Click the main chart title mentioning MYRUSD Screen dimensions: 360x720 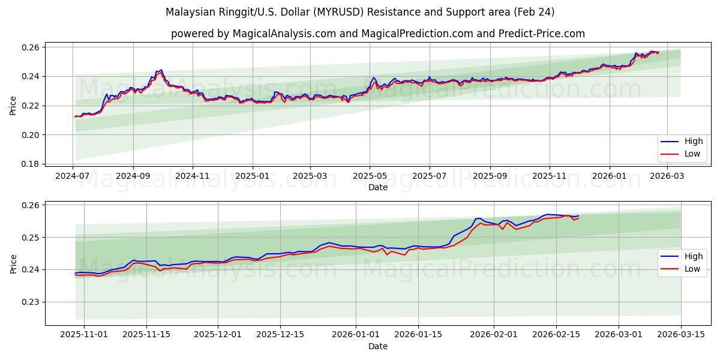click(x=360, y=12)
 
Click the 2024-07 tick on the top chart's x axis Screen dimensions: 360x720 click(x=73, y=176)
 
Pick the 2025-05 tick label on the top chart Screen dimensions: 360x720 click(x=370, y=176)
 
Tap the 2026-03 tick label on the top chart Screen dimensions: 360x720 click(x=667, y=176)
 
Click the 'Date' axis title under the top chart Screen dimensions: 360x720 click(x=378, y=187)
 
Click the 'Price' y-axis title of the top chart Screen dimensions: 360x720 click(x=13, y=106)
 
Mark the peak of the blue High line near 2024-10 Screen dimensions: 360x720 click(x=161, y=70)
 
